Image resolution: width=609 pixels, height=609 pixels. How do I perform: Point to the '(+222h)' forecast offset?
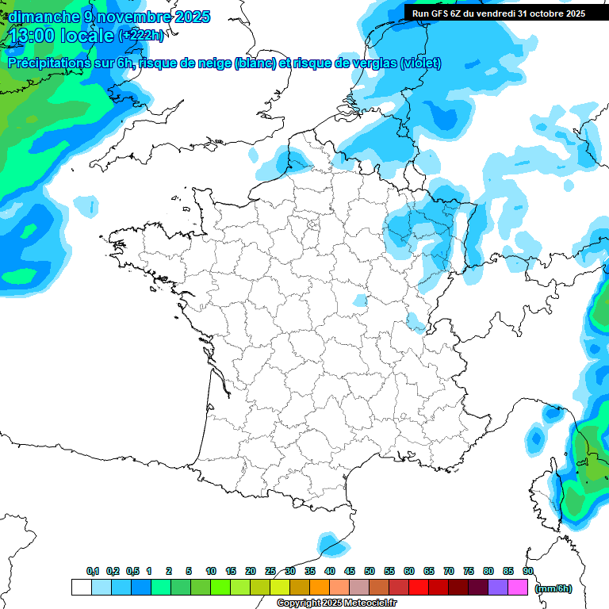pyautogui.click(x=141, y=36)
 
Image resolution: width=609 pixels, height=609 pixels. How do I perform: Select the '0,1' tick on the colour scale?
pyautogui.click(x=92, y=572)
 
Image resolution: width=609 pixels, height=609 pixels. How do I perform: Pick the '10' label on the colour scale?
pyautogui.click(x=211, y=572)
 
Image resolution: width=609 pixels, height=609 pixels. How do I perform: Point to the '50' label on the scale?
pyautogui.click(x=370, y=572)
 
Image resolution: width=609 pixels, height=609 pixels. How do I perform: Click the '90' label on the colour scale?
pyautogui.click(x=528, y=572)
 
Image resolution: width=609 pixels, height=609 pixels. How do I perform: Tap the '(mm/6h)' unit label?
pyautogui.click(x=553, y=588)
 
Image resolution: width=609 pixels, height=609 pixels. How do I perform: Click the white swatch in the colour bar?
pyautogui.click(x=81, y=588)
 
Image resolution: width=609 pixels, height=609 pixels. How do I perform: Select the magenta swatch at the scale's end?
pyautogui.click(x=518, y=588)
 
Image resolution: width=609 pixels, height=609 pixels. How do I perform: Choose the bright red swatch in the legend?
pyautogui.click(x=419, y=588)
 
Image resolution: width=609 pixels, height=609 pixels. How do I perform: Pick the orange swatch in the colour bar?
pyautogui.click(x=320, y=588)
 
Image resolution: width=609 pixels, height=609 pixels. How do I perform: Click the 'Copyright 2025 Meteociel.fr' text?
pyautogui.click(x=336, y=603)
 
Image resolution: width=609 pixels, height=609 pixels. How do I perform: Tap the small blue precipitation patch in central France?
pyautogui.click(x=361, y=301)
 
